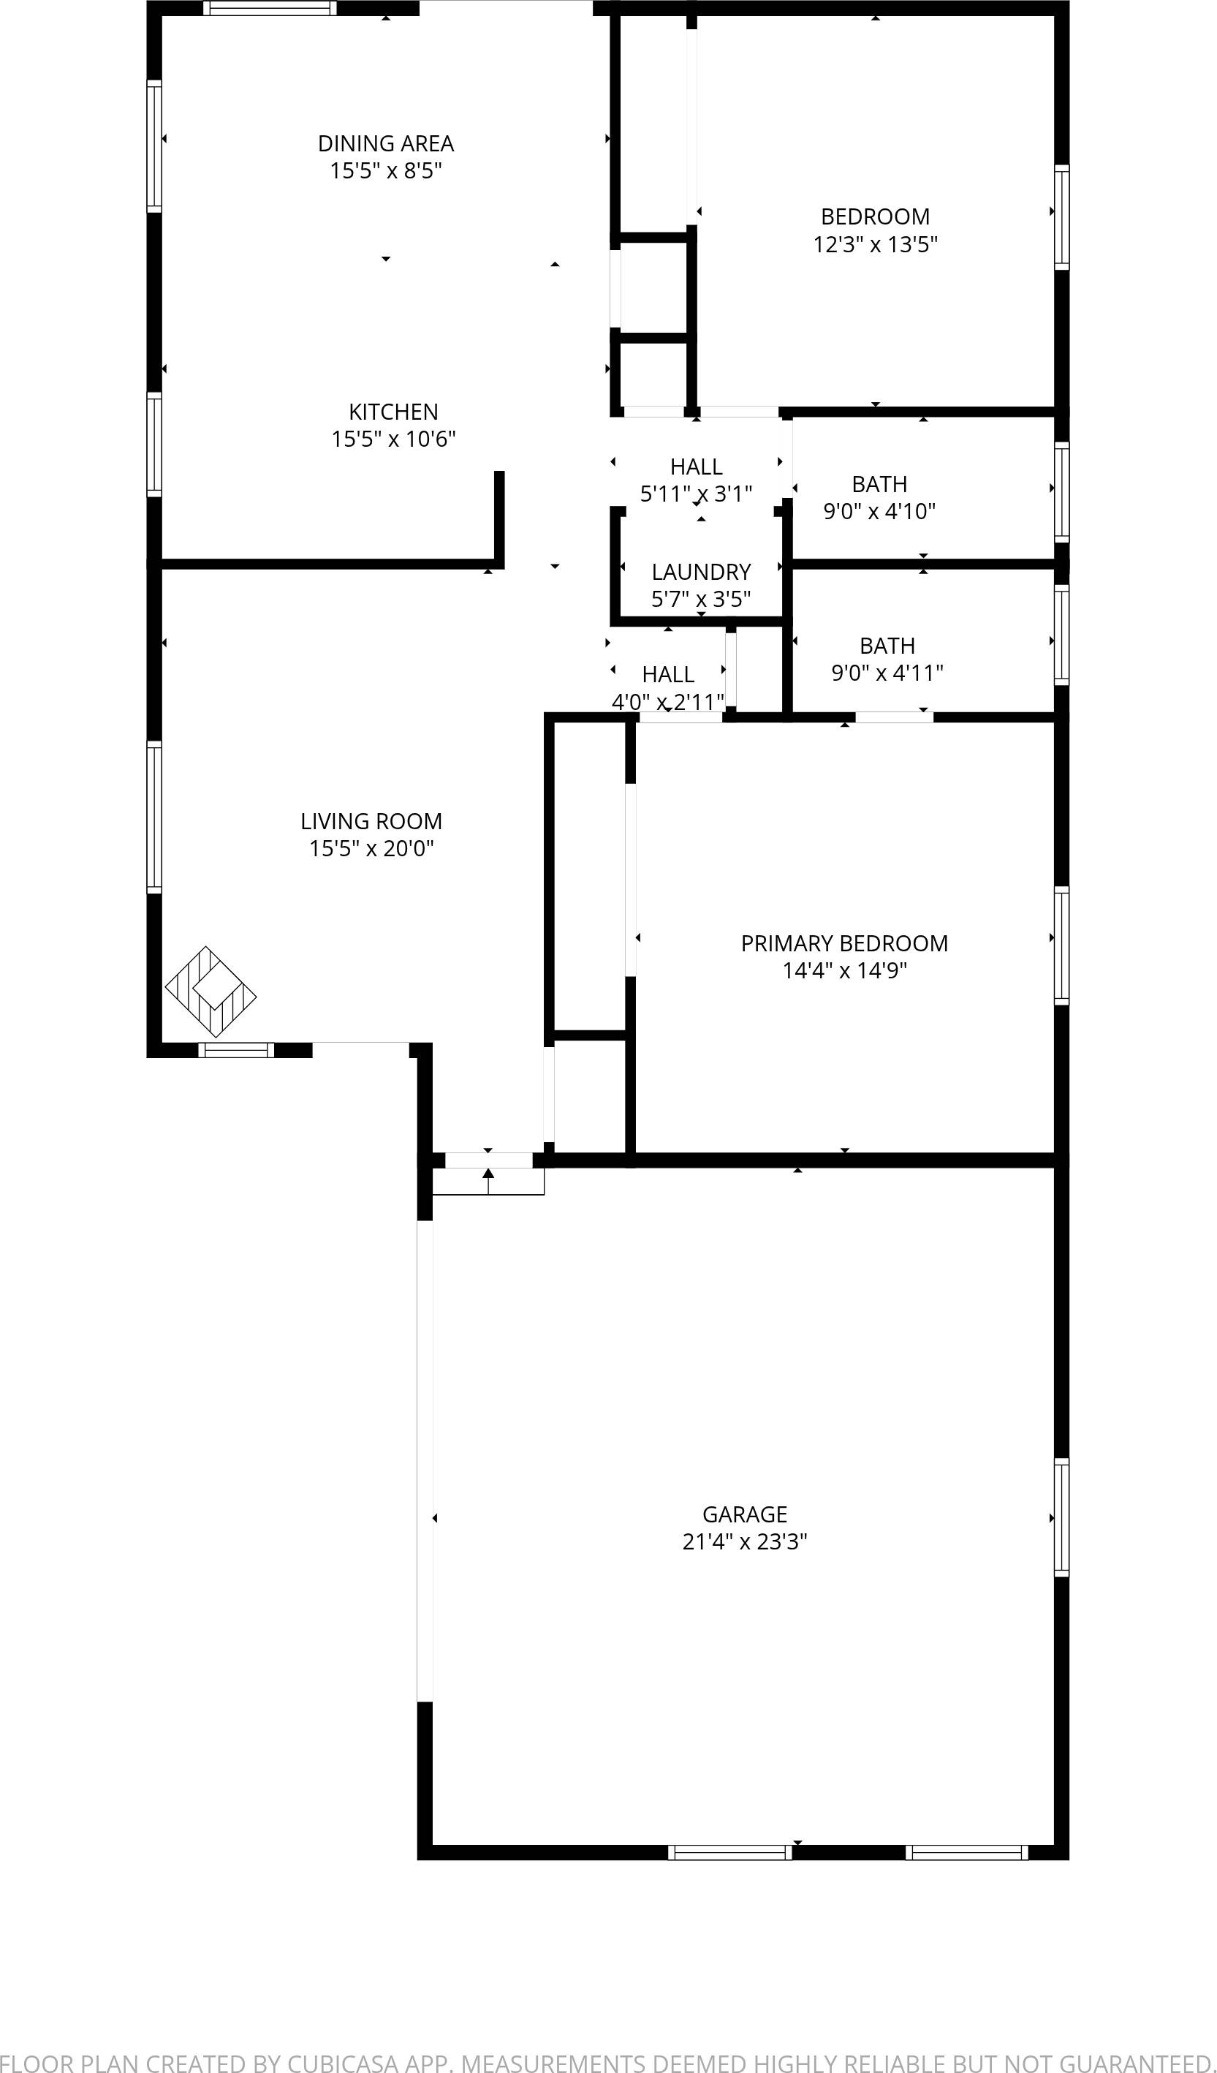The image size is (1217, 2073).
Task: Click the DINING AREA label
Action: pos(386,143)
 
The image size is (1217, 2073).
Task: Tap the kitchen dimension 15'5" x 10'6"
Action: pos(393,439)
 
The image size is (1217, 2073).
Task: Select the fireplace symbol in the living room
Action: pos(211,992)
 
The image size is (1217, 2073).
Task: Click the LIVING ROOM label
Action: pos(371,821)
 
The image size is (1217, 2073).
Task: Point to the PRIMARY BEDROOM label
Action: pos(843,943)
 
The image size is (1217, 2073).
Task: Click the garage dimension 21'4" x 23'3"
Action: pos(744,1541)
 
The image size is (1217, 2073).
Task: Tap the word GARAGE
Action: pos(744,1514)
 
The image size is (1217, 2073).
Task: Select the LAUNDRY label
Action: pos(700,572)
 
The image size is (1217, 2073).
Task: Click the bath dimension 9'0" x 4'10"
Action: pos(879,511)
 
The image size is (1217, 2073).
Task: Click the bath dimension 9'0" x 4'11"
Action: pos(887,673)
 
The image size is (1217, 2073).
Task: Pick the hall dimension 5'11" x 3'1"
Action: pos(696,494)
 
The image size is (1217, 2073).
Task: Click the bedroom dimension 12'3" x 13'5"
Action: pos(875,244)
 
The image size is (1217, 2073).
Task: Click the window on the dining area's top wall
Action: pos(270,8)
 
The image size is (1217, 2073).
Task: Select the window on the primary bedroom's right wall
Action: pos(1061,945)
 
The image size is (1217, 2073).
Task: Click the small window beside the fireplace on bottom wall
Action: pos(236,1050)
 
